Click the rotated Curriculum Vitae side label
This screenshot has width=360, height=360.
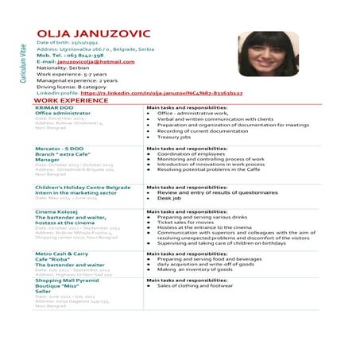22,64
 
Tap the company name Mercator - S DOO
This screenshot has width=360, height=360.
60,149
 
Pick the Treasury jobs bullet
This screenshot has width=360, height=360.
174,137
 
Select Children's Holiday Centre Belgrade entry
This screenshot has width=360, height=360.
83,188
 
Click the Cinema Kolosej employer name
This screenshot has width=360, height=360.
57,212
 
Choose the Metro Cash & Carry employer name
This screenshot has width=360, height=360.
62,253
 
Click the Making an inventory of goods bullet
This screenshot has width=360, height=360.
194,269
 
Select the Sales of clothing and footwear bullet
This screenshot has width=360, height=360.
195,286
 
